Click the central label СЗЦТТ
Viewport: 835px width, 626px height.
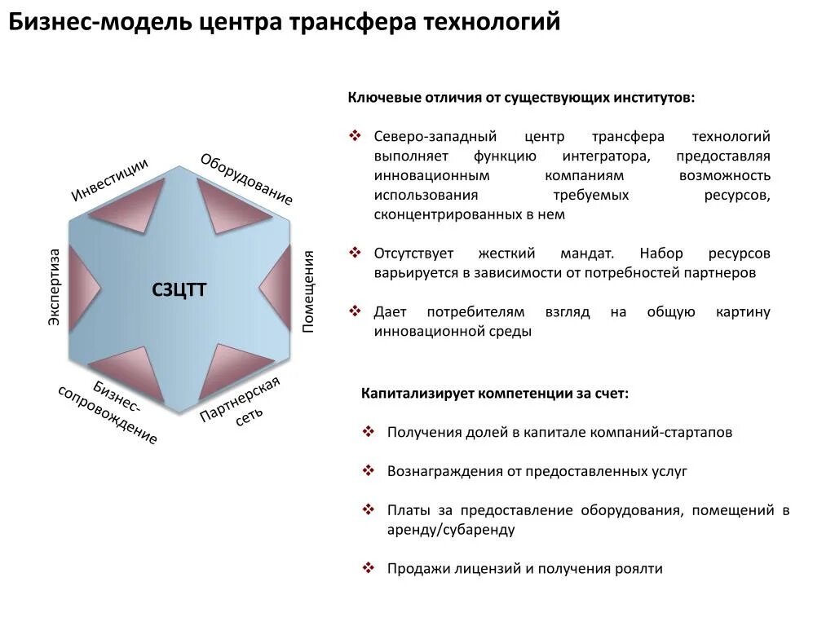179,289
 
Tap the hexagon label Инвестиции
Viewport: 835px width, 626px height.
109,179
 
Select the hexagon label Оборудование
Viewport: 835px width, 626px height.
246,179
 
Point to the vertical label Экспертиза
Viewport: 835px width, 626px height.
54,288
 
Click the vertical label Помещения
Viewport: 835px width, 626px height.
308,291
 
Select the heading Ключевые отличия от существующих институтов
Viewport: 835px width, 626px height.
522,98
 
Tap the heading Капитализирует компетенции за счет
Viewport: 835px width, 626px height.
495,393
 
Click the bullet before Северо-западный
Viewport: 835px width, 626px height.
355,136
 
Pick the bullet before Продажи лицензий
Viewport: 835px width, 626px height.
368,568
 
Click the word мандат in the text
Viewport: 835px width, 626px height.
586,253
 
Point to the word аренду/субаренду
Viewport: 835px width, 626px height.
451,530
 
